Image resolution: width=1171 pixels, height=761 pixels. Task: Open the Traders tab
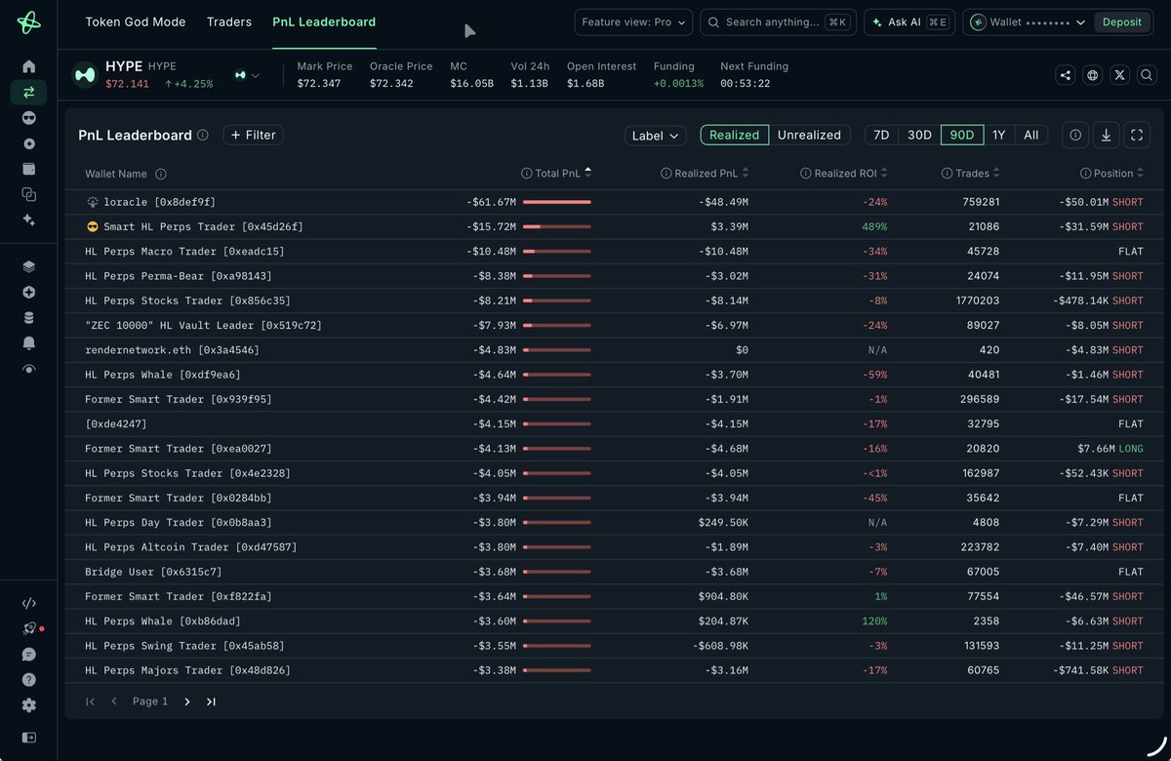229,21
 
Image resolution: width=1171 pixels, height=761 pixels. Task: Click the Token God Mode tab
136,21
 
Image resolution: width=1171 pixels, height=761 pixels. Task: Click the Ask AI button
909,21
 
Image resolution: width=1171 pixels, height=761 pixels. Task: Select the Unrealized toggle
809,135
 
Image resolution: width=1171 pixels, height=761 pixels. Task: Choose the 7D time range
881,135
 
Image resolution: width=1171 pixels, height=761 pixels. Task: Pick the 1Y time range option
998,135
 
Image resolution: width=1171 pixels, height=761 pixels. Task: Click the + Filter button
253,135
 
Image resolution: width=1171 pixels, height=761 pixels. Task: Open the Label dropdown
655,136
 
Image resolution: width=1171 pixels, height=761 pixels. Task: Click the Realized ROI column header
845,173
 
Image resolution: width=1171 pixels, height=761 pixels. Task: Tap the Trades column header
971,173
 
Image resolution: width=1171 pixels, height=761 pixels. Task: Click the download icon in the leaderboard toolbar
1106,135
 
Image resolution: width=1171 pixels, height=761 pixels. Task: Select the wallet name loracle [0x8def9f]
159,202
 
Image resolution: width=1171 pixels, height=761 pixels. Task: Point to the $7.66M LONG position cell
1110,449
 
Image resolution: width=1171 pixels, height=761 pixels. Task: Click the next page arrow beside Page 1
187,701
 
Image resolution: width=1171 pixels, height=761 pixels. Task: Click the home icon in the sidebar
28,66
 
